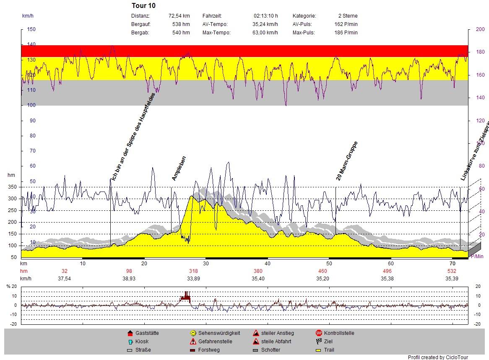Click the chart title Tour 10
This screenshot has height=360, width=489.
coord(143,6)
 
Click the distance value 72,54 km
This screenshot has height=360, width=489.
coord(179,16)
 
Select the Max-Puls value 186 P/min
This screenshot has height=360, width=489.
coord(349,33)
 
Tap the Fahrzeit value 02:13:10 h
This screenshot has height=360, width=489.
coord(265,16)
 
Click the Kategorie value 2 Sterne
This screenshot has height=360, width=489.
coord(347,16)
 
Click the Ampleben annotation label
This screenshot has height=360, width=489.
coord(179,168)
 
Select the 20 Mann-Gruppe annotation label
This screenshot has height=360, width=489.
coord(346,161)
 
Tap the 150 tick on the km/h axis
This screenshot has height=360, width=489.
coord(31,29)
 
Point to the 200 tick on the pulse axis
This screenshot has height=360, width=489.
coord(480,29)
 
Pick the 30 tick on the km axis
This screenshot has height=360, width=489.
coord(205,263)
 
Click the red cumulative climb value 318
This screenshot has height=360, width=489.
coord(193,271)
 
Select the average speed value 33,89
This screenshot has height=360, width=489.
coord(193,279)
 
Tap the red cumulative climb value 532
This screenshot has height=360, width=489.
coord(451,271)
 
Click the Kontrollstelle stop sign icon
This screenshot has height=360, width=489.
coord(319,333)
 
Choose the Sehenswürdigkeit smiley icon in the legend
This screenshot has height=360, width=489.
coord(193,333)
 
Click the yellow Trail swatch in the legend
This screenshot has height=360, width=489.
coord(319,350)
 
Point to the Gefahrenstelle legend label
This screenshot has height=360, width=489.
coord(215,342)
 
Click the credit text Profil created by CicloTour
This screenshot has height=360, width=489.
coord(438,357)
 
